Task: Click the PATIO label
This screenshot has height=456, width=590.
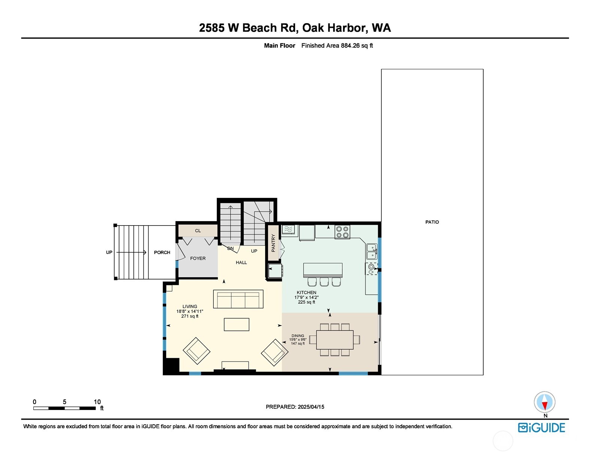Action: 432,222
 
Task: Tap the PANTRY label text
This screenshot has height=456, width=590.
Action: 273,243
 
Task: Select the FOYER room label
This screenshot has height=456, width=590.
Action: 198,259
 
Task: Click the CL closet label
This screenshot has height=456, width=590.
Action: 198,231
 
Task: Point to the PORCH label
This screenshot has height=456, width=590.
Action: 162,253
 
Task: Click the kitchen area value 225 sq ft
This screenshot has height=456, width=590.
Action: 307,302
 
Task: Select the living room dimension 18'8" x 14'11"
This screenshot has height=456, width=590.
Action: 190,311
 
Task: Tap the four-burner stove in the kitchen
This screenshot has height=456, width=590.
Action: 342,232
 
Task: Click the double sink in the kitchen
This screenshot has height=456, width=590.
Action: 371,251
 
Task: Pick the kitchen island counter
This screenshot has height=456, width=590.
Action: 323,270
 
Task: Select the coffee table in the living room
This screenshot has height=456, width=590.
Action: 237,324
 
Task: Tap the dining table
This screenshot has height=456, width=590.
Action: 335,339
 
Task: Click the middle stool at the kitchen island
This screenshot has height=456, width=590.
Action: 324,282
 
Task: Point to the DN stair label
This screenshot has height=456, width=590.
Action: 231,248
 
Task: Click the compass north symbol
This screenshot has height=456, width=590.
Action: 545,403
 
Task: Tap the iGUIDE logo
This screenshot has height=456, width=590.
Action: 541,428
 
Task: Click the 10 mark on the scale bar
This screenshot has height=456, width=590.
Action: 97,402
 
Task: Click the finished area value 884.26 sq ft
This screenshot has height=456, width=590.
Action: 357,46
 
